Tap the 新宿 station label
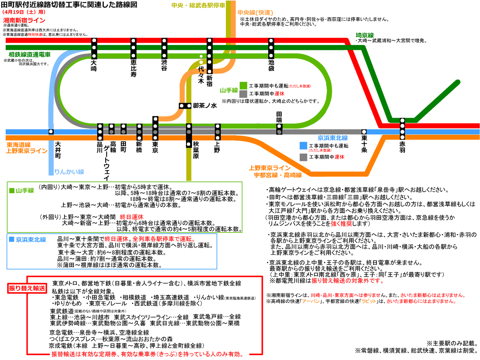point(209,81)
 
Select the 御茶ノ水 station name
point(205,106)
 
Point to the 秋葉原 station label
point(196,150)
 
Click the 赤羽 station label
point(402,147)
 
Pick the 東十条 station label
point(364,144)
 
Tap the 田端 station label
point(279,117)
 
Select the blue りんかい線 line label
point(69,172)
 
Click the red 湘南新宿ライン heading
point(24,20)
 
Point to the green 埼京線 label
point(364,35)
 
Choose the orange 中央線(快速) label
point(255,13)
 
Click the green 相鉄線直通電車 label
point(30,55)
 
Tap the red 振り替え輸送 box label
point(27,288)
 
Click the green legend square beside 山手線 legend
point(243,86)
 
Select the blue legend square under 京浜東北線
point(303,145)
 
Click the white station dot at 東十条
point(364,132)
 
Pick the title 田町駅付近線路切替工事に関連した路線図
point(69,4)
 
